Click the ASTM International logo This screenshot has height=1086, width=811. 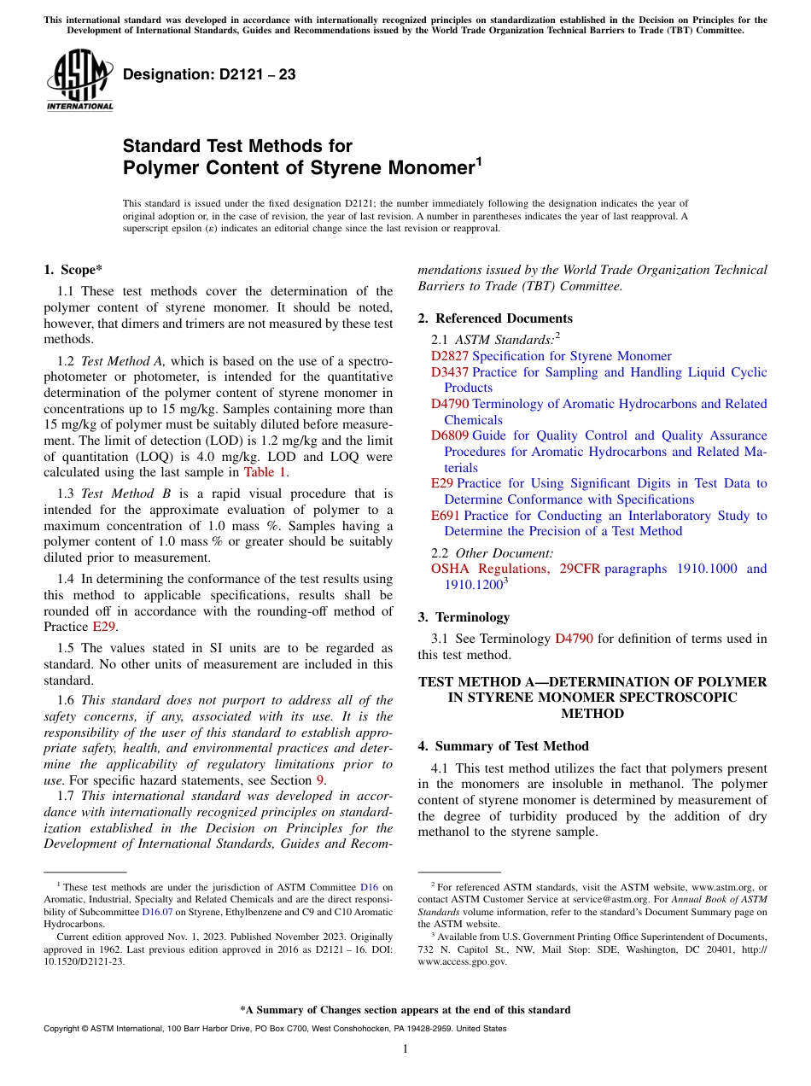click(79, 81)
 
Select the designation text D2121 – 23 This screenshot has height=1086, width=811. click(209, 75)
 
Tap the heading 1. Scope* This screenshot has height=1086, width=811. click(73, 270)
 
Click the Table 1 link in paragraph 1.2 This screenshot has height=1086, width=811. click(265, 471)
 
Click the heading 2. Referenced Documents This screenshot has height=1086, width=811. click(495, 318)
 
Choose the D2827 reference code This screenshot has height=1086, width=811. click(450, 356)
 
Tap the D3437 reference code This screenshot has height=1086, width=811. click(450, 372)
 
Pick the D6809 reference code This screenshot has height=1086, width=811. click(450, 435)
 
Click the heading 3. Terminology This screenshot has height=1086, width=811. click(464, 617)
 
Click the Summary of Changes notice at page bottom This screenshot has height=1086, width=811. click(405, 1010)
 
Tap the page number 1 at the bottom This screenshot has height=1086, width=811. click(405, 1049)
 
